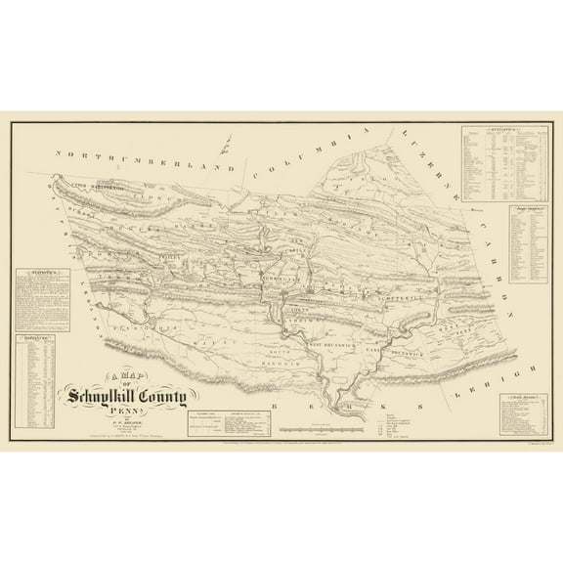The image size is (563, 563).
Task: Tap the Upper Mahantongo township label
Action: point(93,185)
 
